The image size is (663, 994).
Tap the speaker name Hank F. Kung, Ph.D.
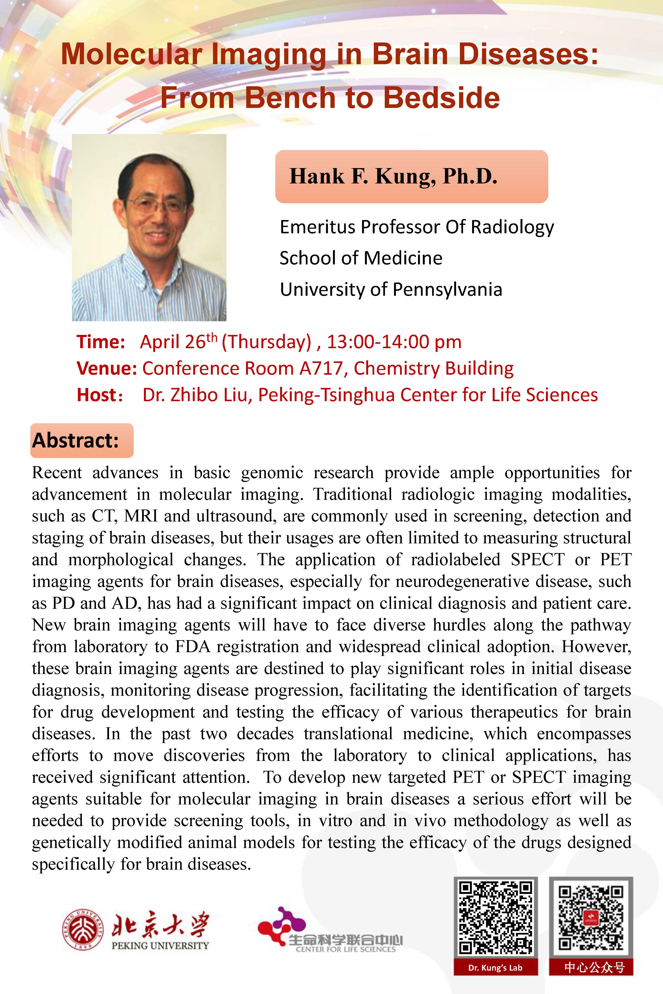pos(393,176)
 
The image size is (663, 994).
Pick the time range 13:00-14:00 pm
pos(394,342)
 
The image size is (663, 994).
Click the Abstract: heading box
pos(82,440)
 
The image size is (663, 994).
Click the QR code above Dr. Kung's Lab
pos(495,918)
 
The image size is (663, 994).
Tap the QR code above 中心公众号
pos(591,918)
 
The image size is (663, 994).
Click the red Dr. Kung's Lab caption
pos(495,968)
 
